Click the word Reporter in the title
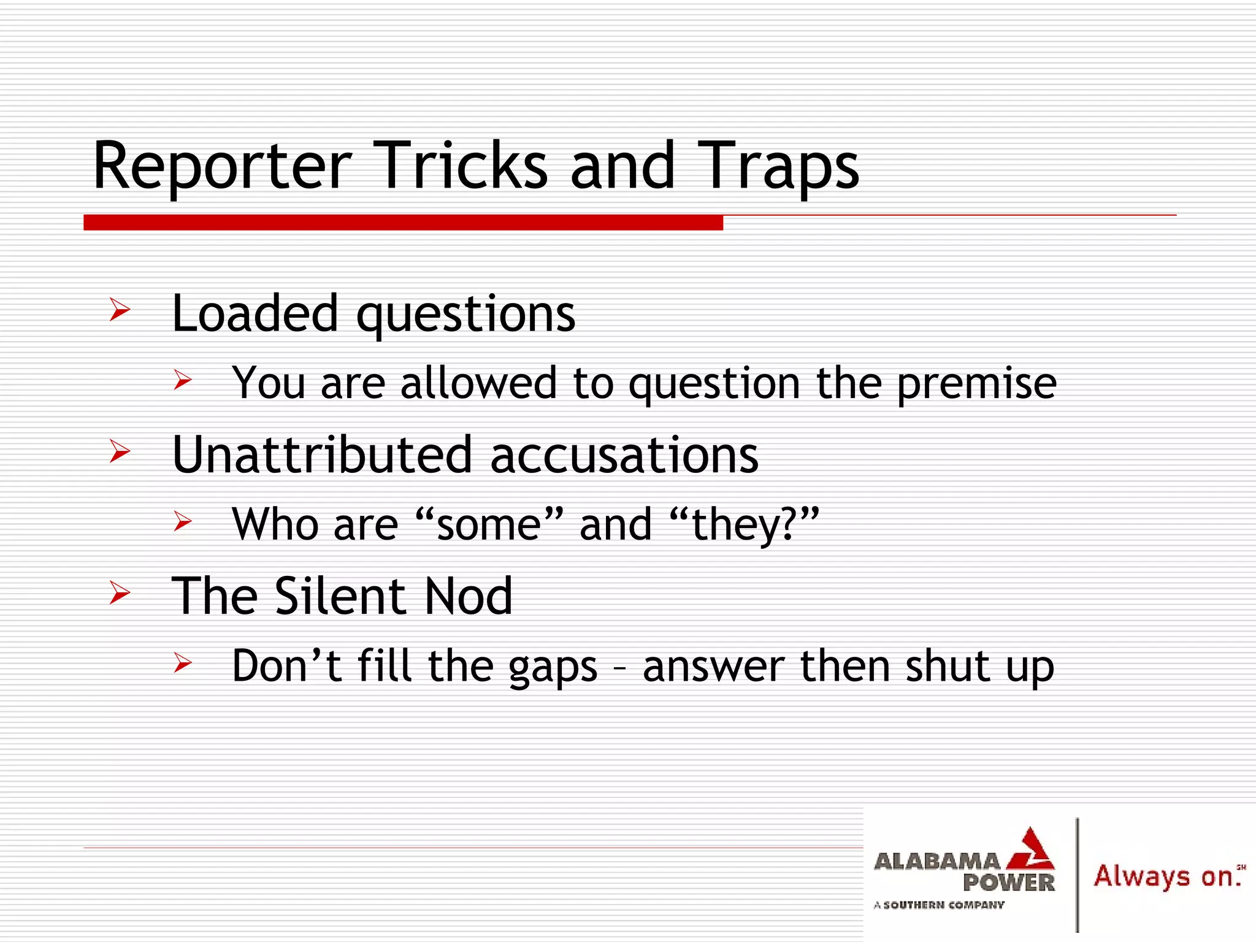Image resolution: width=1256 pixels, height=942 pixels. click(222, 167)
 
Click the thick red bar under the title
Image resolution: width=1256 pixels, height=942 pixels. click(403, 223)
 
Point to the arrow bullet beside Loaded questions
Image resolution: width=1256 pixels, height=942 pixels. click(120, 310)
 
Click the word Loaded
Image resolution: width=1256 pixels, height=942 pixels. click(255, 313)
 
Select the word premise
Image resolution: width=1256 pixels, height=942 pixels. click(976, 384)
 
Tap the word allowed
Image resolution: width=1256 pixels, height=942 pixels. click(478, 383)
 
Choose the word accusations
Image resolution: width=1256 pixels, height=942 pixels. click(624, 455)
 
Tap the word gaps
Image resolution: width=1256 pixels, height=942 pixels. click(553, 667)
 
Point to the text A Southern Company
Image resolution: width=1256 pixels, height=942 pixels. click(939, 905)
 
